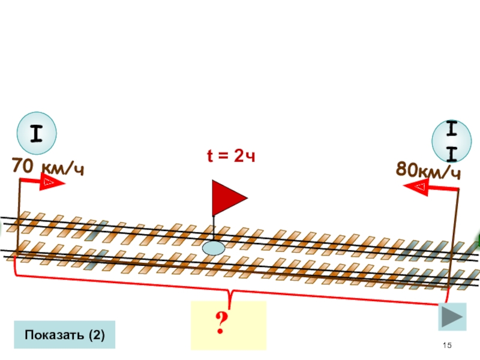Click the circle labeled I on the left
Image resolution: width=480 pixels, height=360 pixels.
point(37,133)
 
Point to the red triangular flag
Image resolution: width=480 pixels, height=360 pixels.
point(226,197)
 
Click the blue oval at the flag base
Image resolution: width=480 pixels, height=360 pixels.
point(214,247)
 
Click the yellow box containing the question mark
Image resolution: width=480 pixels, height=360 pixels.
point(228,325)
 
